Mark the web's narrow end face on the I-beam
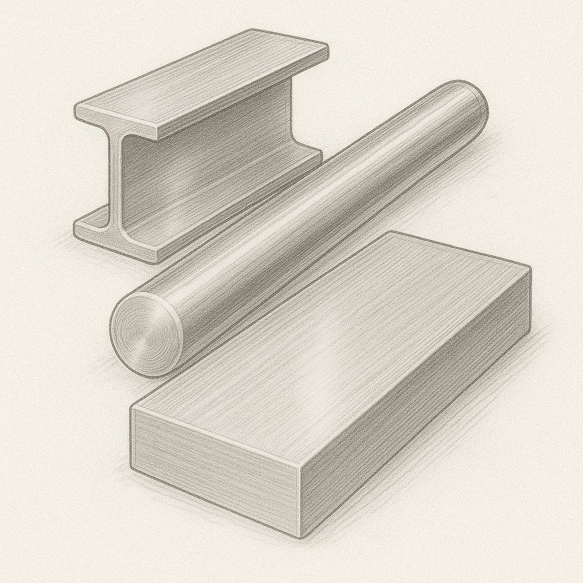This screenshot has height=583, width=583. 114,182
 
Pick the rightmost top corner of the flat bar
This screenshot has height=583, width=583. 530,268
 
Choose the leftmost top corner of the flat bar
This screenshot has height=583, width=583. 132,407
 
